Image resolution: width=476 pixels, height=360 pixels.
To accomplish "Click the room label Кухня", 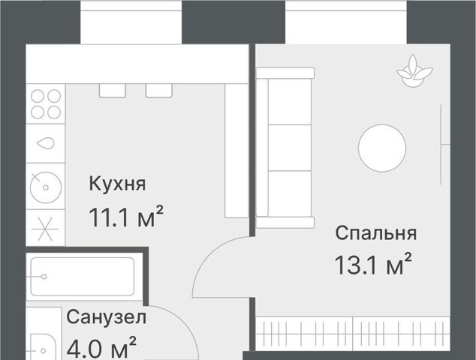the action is tap(117, 184).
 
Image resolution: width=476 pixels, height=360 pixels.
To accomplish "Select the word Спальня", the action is tap(376, 233).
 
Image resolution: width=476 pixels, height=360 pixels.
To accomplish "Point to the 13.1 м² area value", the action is tap(373, 264).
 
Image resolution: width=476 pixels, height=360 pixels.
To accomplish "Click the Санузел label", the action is tap(107, 317).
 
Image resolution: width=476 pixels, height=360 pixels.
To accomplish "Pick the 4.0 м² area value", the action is tap(101, 347).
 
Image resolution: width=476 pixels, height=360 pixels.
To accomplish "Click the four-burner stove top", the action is tap(46, 104).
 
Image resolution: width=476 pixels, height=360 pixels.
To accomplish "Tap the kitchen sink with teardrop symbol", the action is tap(46, 143).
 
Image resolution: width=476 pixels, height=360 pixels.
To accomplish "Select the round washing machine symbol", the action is tap(46, 187).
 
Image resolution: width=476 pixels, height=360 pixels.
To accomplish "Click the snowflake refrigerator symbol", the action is tap(45, 229).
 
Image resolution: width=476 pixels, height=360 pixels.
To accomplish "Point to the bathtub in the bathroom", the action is tap(83, 277).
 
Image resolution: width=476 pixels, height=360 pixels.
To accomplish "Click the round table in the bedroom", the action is tap(382, 148).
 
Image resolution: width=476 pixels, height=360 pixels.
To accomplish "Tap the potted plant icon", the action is tap(414, 71).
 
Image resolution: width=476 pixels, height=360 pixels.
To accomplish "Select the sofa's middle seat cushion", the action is tap(290, 148).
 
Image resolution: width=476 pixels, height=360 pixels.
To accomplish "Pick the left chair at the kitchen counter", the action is tap(113, 91).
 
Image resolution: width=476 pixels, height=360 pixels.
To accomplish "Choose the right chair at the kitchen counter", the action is tap(158, 91).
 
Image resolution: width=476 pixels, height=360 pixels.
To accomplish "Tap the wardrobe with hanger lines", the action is tap(353, 333).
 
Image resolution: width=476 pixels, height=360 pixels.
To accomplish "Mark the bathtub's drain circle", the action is tap(44, 277).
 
